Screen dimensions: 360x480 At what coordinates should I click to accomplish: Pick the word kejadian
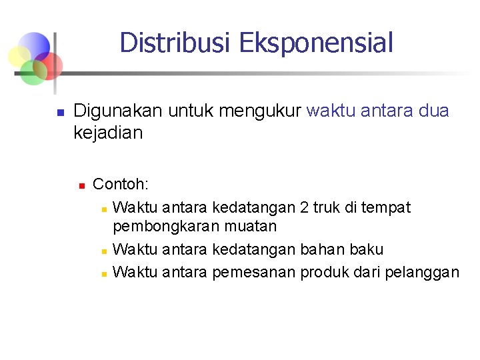108,133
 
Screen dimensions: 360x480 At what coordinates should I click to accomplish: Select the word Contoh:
121,183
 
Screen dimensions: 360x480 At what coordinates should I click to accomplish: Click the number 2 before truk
305,207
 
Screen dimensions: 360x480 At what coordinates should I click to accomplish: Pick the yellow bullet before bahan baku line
104,251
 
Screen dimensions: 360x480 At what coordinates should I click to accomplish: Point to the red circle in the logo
51,64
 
